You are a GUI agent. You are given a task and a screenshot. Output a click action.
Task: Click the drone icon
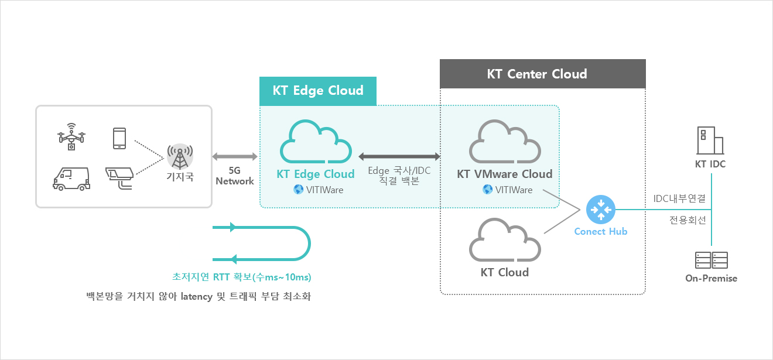[71, 136]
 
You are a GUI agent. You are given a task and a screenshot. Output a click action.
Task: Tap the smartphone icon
[119, 138]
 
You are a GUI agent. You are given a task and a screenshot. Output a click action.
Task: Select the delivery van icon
[71, 179]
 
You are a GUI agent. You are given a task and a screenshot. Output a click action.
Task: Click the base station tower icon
[180, 157]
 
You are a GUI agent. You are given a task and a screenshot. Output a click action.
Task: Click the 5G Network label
[235, 176]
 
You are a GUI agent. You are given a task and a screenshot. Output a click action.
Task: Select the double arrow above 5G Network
[235, 156]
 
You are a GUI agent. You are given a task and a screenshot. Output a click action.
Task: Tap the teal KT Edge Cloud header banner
[318, 91]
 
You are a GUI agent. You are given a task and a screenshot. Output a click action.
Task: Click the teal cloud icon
[316, 142]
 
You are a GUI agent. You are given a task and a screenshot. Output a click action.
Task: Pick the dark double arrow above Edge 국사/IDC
[399, 156]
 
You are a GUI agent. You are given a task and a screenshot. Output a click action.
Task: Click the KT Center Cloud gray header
[542, 74]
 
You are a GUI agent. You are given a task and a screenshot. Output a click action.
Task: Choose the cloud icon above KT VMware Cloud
[505, 142]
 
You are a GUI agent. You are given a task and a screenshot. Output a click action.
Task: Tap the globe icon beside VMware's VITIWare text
[487, 189]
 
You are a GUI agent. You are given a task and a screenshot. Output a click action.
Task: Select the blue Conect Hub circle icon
[600, 210]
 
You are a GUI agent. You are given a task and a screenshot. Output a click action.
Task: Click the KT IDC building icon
[710, 140]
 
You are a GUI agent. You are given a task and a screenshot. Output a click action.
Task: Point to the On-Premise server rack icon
[712, 260]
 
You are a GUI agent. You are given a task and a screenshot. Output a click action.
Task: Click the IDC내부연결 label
[679, 198]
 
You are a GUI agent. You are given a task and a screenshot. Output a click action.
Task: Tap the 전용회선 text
[688, 220]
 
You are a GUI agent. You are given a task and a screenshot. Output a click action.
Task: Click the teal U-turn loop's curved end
[310, 244]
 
